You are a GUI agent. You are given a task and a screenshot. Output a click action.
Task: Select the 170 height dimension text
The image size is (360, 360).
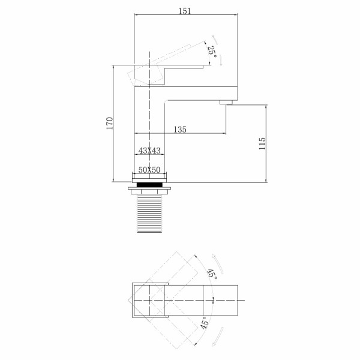pos(109,123)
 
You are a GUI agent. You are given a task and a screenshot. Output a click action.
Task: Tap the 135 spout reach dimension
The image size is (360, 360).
pos(179,129)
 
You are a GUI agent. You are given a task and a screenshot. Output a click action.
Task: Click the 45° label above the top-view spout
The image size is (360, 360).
pos(211,274)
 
